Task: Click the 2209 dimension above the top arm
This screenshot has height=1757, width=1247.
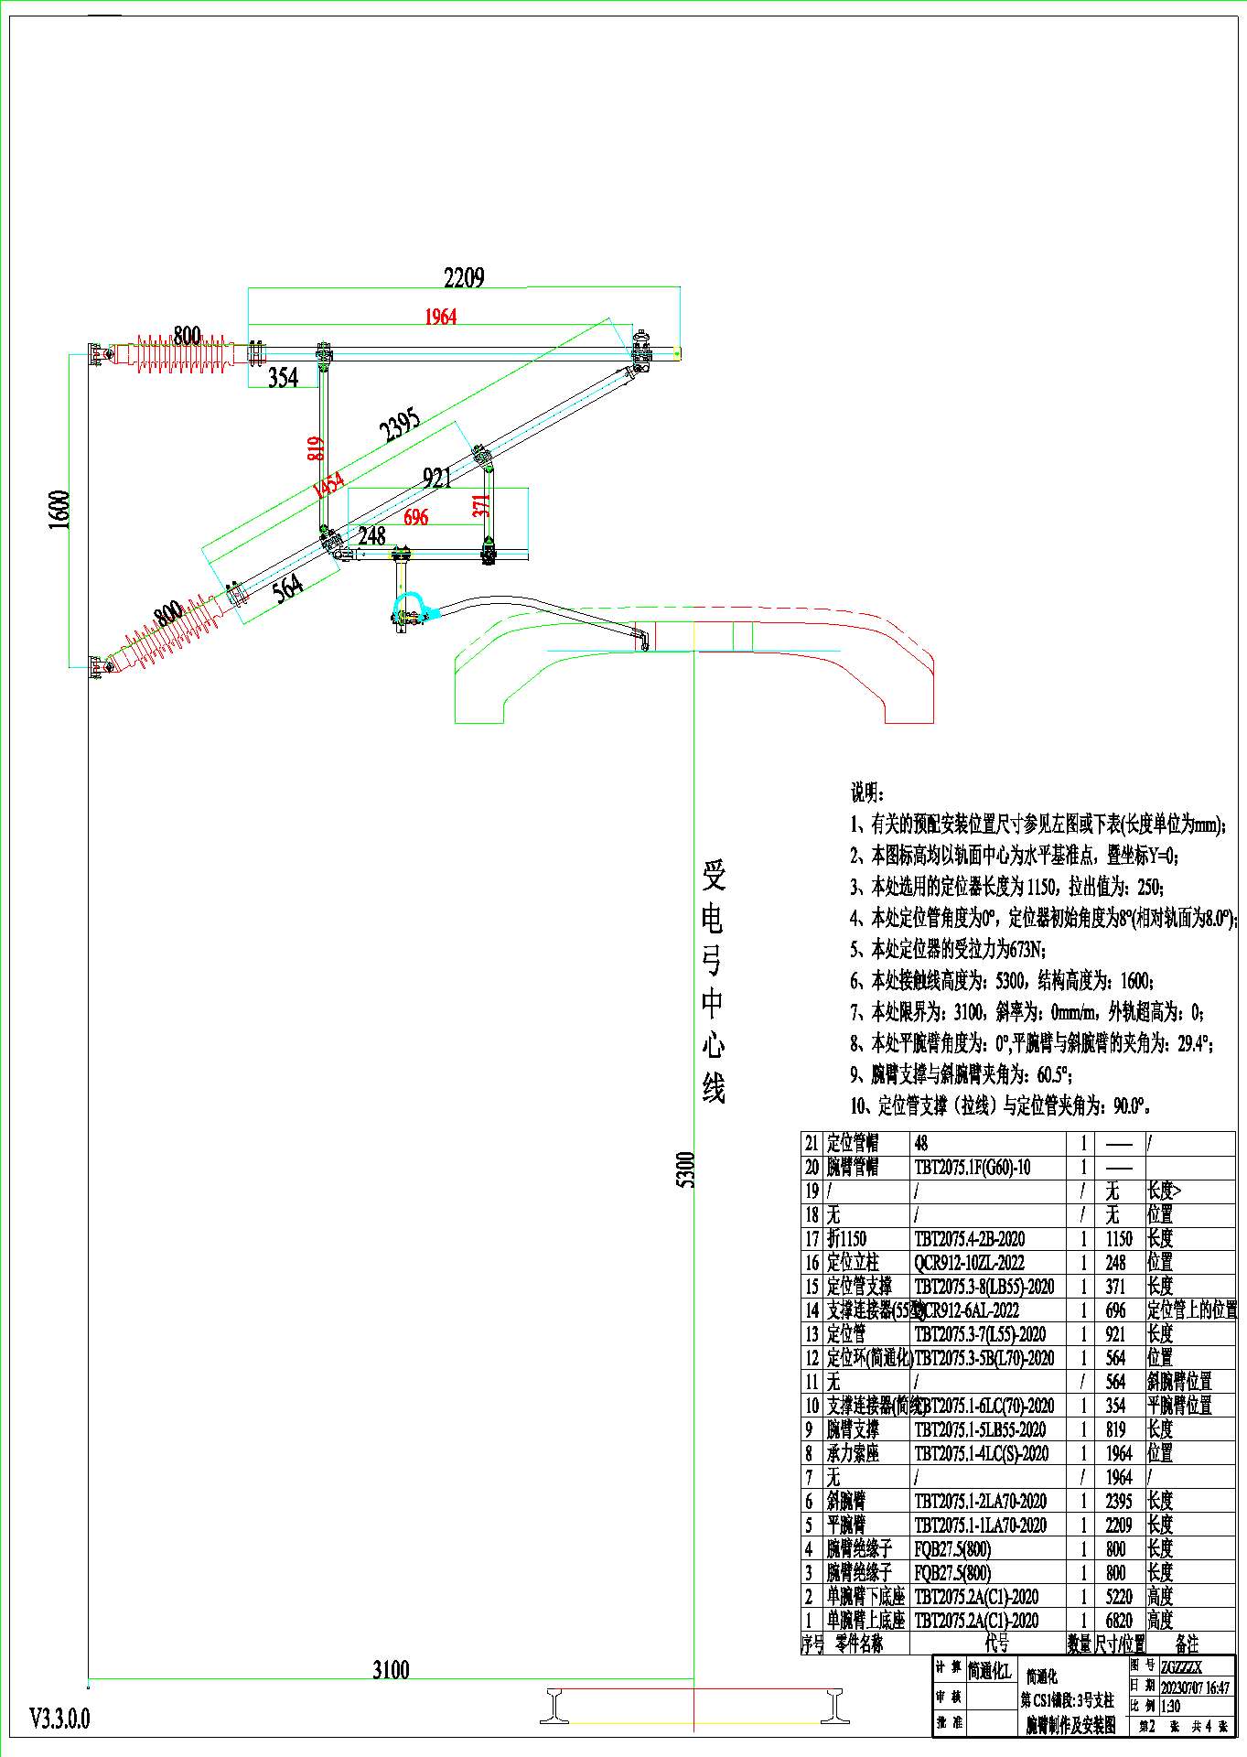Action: pyautogui.click(x=464, y=277)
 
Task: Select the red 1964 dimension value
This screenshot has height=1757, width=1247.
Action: pyautogui.click(x=440, y=317)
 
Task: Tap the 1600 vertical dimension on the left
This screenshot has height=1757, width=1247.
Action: pyautogui.click(x=59, y=509)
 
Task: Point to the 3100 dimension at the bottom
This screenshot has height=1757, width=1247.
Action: pyautogui.click(x=391, y=1670)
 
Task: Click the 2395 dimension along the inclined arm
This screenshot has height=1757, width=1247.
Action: pyautogui.click(x=400, y=425)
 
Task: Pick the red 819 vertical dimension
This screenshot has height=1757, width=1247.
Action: pyautogui.click(x=316, y=447)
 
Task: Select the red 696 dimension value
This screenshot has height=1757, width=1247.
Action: pyautogui.click(x=416, y=517)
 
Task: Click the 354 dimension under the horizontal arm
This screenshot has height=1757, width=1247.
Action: pyautogui.click(x=284, y=376)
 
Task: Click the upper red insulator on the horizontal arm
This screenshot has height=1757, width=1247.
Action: pyautogui.click(x=183, y=353)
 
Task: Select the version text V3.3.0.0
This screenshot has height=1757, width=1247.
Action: pyautogui.click(x=60, y=1719)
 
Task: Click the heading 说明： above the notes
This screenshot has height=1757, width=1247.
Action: pyautogui.click(x=867, y=792)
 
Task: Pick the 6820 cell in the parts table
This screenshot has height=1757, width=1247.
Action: pyautogui.click(x=1119, y=1621)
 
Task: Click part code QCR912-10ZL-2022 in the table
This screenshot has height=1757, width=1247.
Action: pyautogui.click(x=969, y=1263)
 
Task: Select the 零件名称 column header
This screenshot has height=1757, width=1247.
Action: pyautogui.click(x=859, y=1644)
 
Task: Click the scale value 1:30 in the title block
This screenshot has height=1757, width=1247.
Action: pyautogui.click(x=1170, y=1707)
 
